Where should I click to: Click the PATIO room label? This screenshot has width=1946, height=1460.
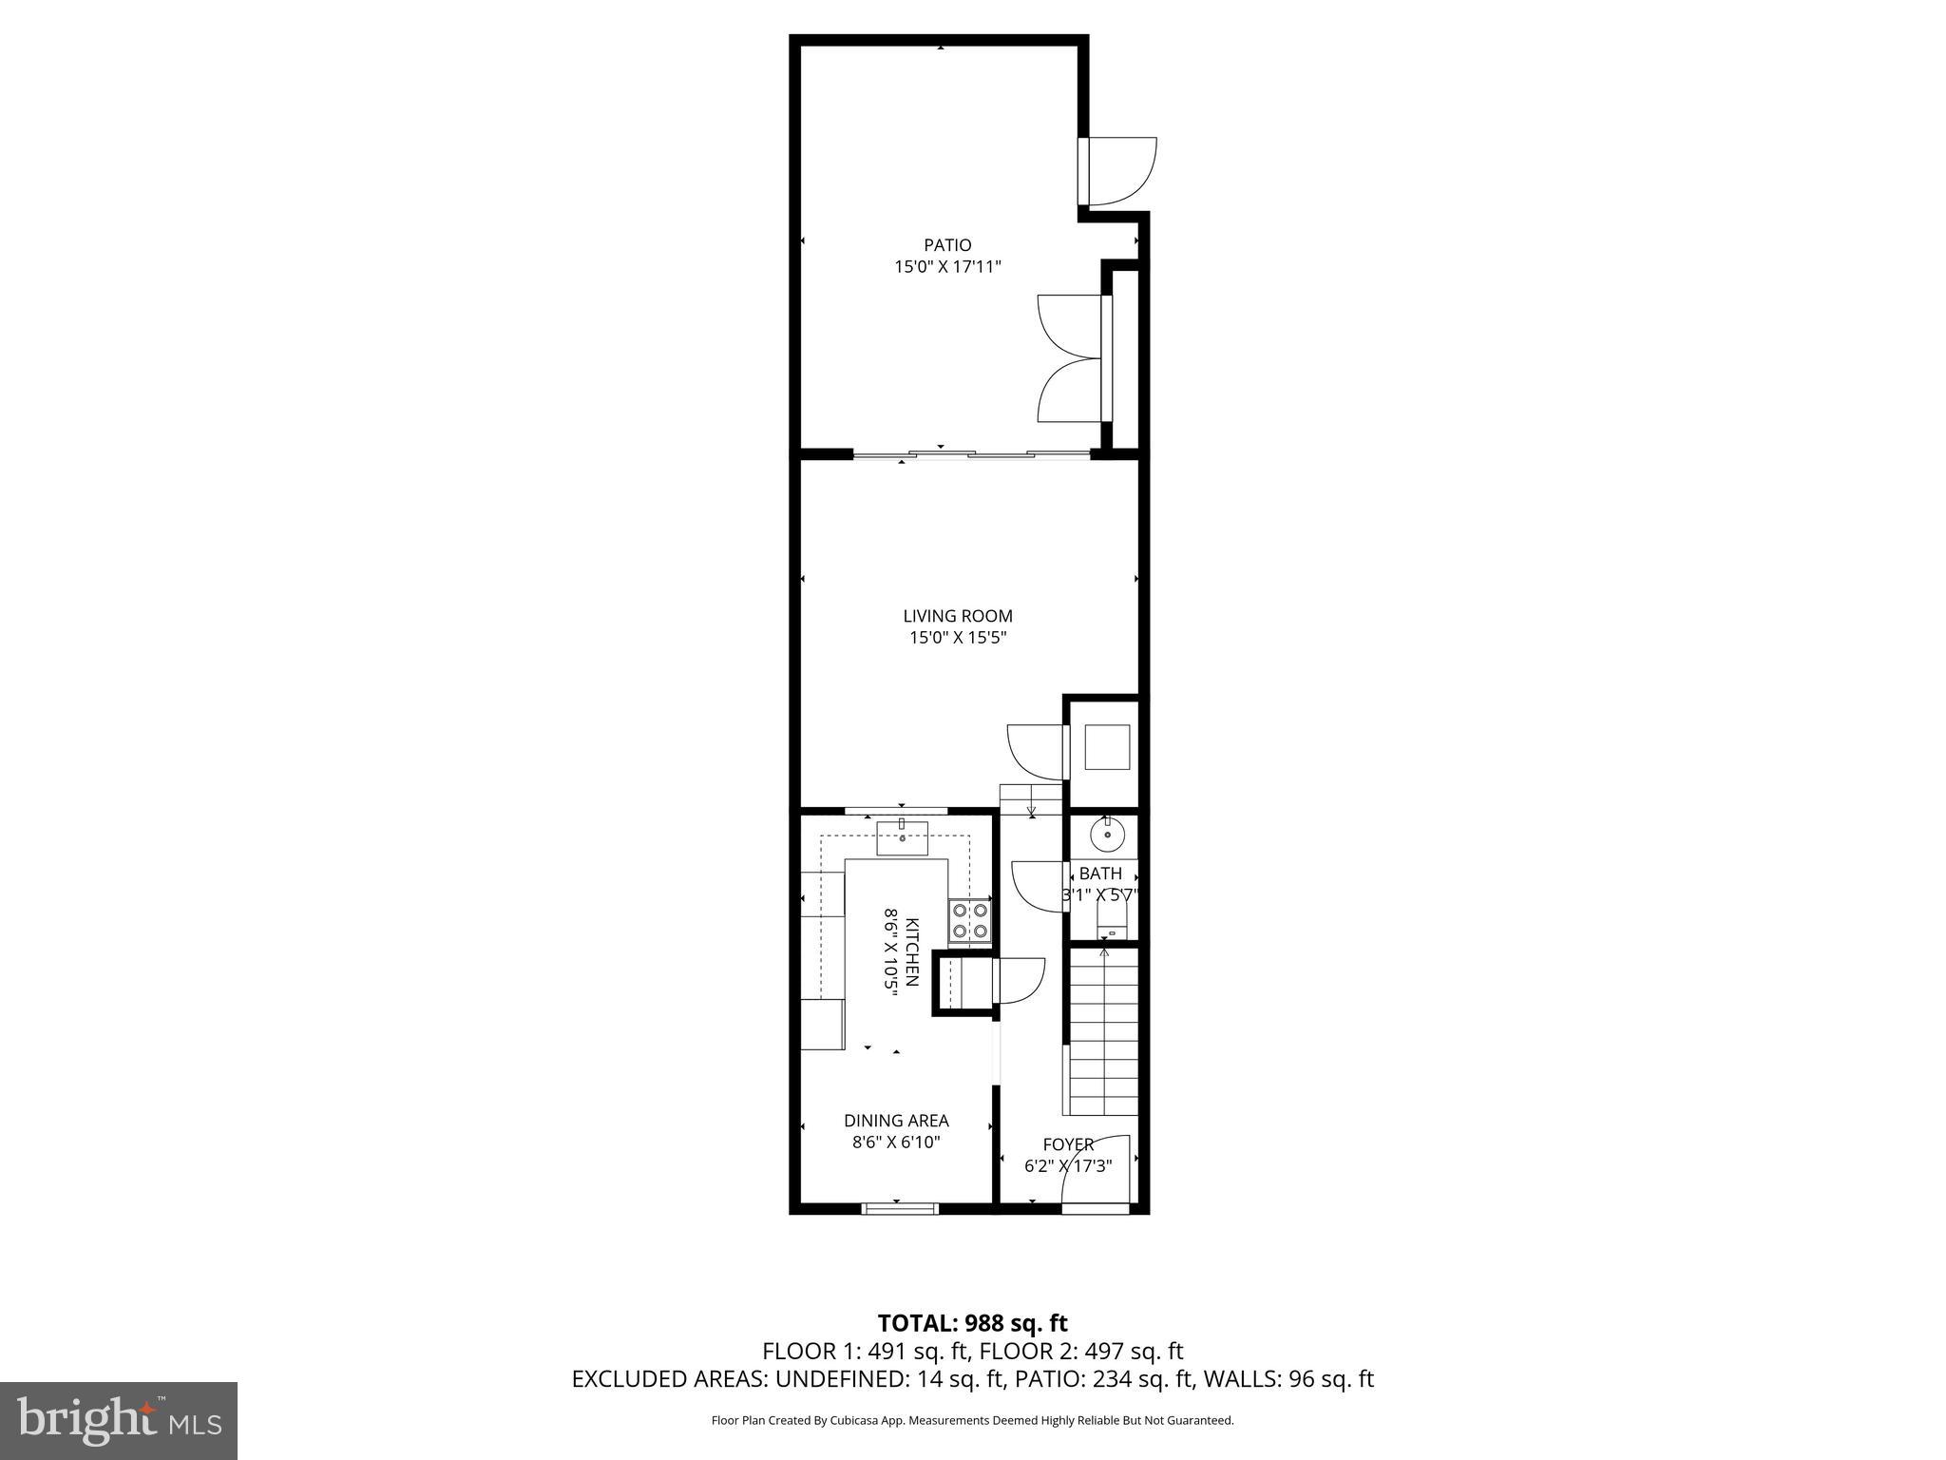pos(947,245)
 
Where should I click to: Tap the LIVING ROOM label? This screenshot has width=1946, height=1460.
pos(958,616)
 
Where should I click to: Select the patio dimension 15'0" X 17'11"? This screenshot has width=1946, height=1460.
pos(947,267)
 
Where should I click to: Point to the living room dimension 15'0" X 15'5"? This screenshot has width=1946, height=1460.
pos(958,638)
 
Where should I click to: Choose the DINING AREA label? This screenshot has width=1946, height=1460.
pos(896,1121)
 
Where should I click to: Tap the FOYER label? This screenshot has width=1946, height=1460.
pos(1068,1144)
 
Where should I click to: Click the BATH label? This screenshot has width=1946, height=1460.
pos(1100,873)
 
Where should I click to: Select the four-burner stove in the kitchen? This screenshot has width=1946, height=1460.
pos(970,921)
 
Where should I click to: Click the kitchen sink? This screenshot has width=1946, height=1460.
pos(902,838)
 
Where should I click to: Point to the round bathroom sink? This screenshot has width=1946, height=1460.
pos(1107,836)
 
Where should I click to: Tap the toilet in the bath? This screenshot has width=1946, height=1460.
pos(1110,919)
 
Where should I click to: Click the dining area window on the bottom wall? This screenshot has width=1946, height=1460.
pos(900,1208)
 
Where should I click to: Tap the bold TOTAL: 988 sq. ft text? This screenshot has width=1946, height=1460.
pos(972,1323)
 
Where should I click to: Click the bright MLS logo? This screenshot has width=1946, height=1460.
pos(119,1421)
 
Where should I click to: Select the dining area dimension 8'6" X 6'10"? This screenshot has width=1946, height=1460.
pos(896,1143)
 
